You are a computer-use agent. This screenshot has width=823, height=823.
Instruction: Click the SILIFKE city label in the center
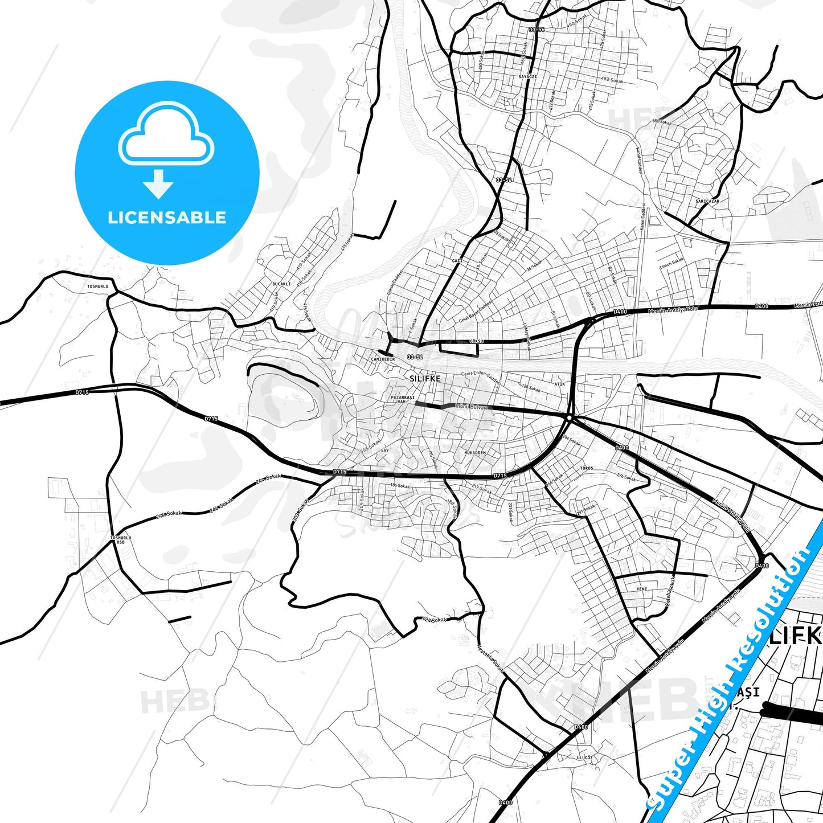425,378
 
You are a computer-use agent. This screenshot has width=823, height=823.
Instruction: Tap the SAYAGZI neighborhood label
527,76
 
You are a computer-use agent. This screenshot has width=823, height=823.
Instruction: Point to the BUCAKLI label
281,284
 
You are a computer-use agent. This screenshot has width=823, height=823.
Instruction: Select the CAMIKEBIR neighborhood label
383,359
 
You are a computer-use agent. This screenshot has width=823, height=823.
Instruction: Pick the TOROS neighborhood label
586,468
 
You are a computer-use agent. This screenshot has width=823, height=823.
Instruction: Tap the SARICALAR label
707,201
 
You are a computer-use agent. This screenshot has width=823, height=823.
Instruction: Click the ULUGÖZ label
585,758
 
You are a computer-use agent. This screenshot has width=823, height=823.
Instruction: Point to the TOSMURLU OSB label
121,539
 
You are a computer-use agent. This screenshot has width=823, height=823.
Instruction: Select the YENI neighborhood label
642,589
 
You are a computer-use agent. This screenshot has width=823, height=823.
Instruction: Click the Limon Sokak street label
671,263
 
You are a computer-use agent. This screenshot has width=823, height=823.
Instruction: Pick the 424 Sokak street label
435,619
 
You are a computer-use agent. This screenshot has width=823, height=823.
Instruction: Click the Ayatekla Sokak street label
490,657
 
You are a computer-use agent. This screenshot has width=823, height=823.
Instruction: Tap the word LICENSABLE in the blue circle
167,217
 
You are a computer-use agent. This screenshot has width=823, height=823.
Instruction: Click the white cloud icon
166,135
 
